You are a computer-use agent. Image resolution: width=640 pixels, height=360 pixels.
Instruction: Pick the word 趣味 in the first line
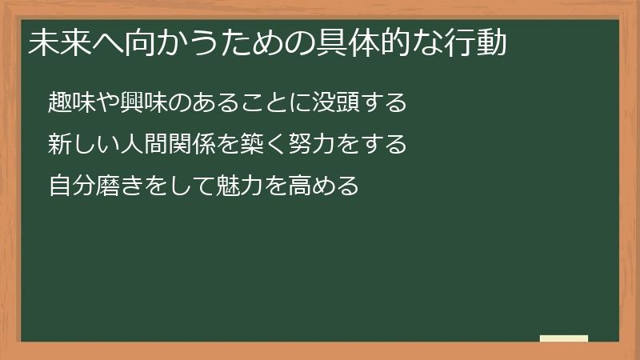70,102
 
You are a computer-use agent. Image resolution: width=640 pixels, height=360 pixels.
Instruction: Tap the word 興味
138,102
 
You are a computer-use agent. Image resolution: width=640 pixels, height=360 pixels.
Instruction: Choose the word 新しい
82,145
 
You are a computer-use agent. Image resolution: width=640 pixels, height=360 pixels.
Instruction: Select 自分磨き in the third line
94,187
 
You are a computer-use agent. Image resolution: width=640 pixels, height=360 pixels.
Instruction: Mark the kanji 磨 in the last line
106,187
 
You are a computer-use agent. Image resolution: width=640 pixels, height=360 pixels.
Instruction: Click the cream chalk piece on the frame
563,338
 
